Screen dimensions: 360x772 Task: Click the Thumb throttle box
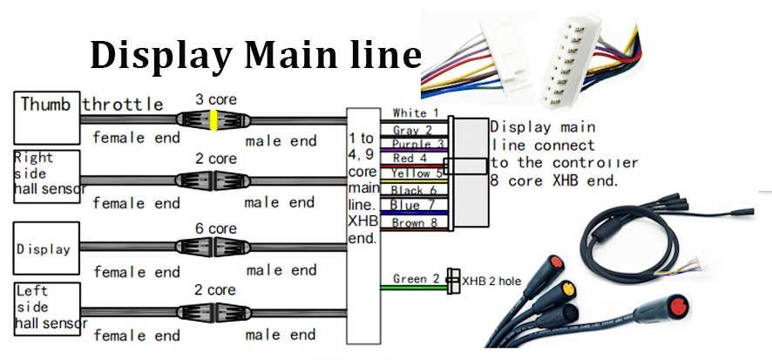(45, 117)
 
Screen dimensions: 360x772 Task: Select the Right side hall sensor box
(46, 175)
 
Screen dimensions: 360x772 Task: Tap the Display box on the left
(46, 248)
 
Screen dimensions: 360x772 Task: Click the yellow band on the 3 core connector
(213, 120)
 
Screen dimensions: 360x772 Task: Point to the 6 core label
(215, 228)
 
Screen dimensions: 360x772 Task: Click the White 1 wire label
(410, 113)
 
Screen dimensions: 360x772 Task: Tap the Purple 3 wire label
(410, 144)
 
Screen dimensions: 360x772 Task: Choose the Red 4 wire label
(409, 159)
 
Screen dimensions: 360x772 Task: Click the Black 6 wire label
(410, 190)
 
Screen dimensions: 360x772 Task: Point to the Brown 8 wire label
(411, 222)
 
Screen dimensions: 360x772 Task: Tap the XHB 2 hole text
(492, 281)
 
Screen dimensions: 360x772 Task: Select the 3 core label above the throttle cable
(215, 99)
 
